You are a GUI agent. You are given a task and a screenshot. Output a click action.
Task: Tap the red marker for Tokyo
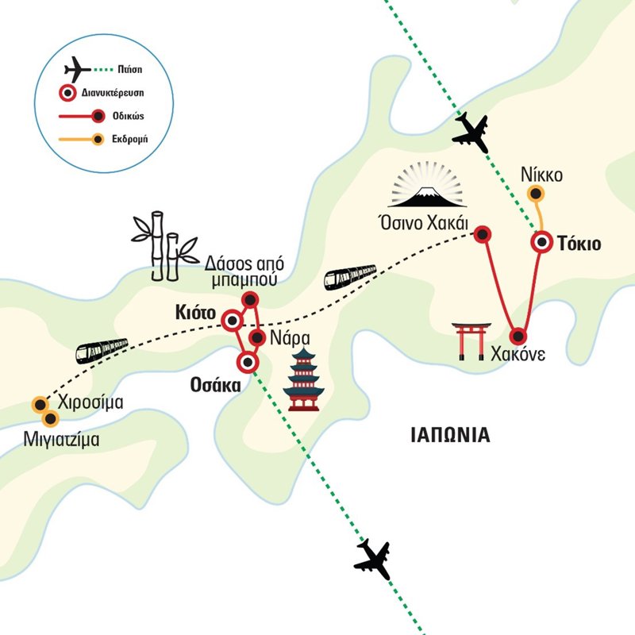coord(542,242)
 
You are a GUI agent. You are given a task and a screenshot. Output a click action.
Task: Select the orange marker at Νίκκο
coord(537,192)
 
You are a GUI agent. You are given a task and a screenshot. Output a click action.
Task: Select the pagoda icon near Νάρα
coord(302,380)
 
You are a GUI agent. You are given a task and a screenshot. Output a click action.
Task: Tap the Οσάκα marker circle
coord(248,363)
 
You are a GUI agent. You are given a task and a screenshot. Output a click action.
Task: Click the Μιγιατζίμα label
coord(61,437)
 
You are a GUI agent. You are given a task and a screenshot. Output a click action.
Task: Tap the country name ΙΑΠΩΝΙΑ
coord(450,435)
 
